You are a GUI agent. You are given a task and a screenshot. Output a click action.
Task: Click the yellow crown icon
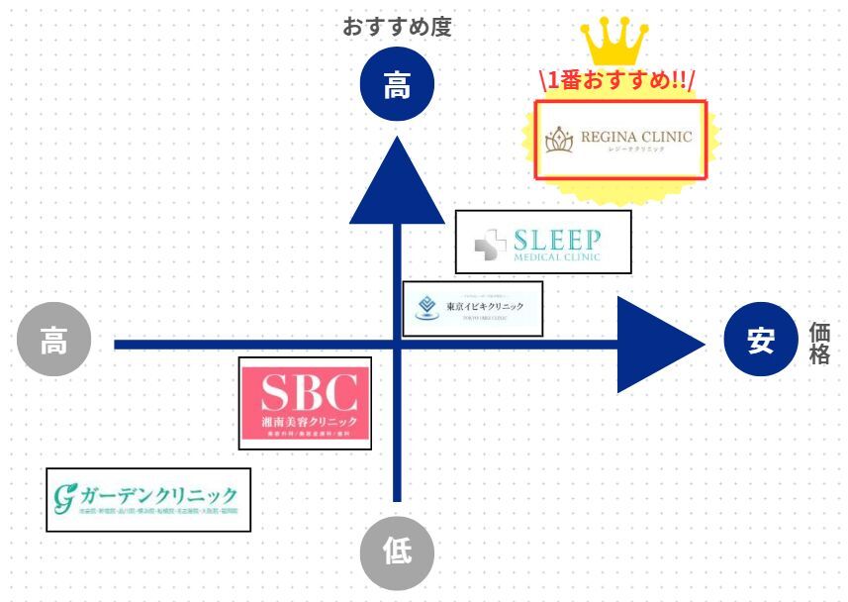pos(614,42)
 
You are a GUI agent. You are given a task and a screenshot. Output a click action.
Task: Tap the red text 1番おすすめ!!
pos(617,80)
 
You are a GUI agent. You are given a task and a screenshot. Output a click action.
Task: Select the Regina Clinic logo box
pos(621,140)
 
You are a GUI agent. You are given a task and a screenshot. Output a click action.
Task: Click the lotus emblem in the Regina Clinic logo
pos(561,141)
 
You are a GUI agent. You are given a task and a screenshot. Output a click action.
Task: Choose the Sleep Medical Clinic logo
pos(542,242)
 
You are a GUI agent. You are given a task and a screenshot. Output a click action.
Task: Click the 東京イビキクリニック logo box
pos(473,308)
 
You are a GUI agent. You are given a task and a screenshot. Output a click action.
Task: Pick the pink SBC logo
pos(307,404)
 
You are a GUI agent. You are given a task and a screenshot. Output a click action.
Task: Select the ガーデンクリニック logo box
pos(148,499)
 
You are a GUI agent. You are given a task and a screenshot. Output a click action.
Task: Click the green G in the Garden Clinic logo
pos(66,497)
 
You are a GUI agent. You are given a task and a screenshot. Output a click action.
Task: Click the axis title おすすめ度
pos(397,27)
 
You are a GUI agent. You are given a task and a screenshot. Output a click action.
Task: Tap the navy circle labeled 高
pos(397,86)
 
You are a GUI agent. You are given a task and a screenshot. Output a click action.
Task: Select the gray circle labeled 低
pos(397,552)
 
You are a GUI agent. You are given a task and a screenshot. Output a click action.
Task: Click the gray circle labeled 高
pos(53,344)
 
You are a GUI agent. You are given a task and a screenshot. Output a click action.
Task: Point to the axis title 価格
pos(819,344)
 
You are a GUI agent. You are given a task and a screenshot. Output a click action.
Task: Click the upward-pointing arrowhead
pos(397,183)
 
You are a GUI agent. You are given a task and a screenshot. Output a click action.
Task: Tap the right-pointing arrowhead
pos(659,344)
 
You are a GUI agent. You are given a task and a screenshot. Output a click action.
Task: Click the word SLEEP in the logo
pos(556,239)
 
